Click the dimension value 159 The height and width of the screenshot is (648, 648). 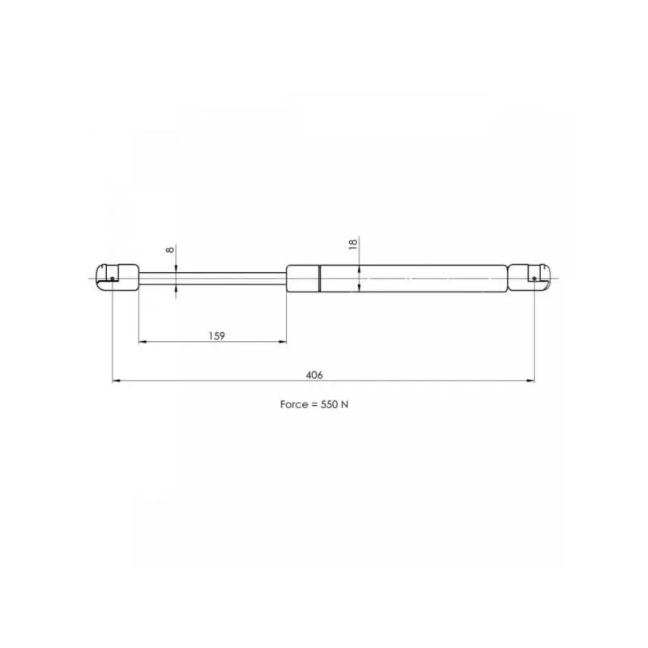tap(216, 336)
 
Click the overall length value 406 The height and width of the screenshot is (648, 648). tap(314, 375)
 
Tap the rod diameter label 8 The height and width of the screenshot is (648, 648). tap(170, 249)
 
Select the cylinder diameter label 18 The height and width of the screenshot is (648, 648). tap(353, 244)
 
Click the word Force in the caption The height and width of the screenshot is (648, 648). tap(293, 404)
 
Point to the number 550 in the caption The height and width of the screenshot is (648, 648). tap(329, 404)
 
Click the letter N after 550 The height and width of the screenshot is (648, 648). tap(345, 404)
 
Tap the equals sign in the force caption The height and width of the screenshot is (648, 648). tap(313, 404)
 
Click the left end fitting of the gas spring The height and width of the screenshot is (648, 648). tap(117, 278)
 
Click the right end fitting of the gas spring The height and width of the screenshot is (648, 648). tap(529, 278)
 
